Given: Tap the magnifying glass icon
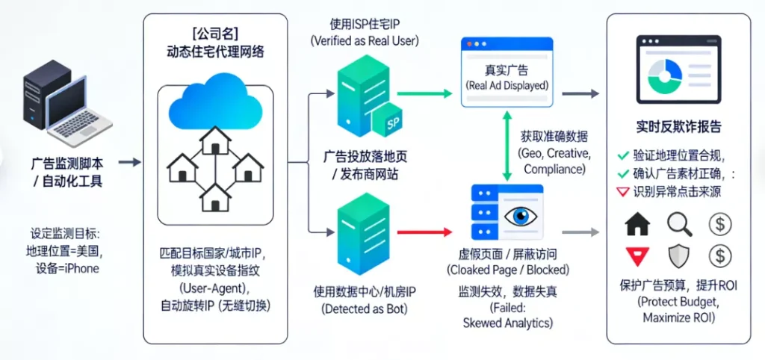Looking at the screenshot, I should tap(680, 223).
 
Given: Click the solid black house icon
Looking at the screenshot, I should tap(637, 223).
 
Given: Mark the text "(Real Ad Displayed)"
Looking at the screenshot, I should tap(507, 85).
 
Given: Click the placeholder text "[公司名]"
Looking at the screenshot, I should tap(215, 34).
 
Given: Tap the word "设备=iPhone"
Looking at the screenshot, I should tap(67, 268).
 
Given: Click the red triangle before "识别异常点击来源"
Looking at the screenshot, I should tap(622, 192).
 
